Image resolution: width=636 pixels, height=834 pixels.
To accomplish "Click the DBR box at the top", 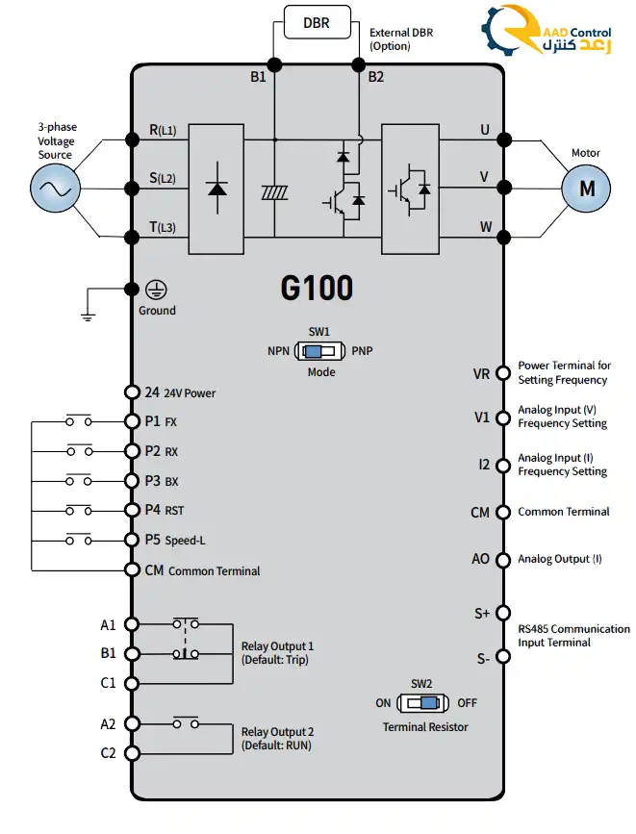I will click(x=317, y=21).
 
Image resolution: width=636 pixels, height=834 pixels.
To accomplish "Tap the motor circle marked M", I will click(x=586, y=189).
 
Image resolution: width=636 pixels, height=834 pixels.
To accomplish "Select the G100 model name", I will click(x=317, y=288).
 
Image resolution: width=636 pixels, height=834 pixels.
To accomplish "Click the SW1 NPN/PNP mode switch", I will click(x=319, y=351).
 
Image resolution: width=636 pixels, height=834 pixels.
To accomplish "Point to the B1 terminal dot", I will click(x=275, y=64).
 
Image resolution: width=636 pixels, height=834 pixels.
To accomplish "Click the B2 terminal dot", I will click(x=359, y=64).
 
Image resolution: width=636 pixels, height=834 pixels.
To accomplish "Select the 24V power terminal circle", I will click(x=132, y=392).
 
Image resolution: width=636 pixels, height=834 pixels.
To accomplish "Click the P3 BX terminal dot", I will click(x=132, y=480).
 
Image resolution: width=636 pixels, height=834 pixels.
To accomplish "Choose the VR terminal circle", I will click(x=502, y=373).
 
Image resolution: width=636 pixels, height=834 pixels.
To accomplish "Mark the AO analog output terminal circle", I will click(x=502, y=559).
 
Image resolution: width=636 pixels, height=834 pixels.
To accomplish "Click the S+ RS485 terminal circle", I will click(x=502, y=613).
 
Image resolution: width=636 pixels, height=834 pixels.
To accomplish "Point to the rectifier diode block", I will click(x=216, y=188).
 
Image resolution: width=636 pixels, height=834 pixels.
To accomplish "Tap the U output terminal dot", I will click(x=502, y=139).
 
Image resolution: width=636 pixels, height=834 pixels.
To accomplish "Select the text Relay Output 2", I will click(x=277, y=732).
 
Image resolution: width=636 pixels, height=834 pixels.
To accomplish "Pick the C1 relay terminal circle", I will click(x=132, y=683).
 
